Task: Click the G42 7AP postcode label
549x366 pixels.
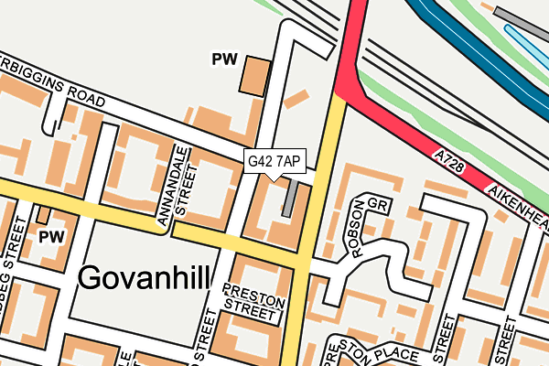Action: pos(274,161)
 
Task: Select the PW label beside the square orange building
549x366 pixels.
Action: pos(224,60)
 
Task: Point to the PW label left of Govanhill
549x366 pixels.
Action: pos(48,236)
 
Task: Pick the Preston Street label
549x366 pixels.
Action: pos(249,302)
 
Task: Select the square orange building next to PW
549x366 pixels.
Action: pos(254,75)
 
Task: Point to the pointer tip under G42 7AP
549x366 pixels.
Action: pos(274,179)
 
